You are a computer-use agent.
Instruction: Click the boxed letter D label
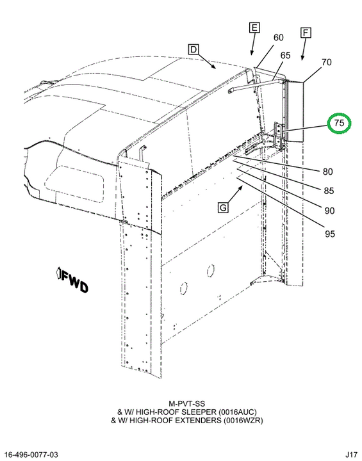click(x=193, y=49)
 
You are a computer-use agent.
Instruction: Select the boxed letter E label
click(x=254, y=28)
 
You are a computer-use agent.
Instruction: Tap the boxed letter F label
click(x=306, y=33)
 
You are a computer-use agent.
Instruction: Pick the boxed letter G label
click(x=223, y=207)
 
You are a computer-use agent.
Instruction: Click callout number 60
click(x=279, y=38)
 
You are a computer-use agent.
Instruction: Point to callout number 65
click(x=285, y=55)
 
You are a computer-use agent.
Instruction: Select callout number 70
click(x=326, y=62)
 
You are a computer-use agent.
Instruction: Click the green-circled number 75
click(x=339, y=122)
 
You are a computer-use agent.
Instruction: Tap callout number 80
click(x=327, y=172)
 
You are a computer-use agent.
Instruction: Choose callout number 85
click(x=329, y=191)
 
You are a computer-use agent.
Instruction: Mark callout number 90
click(x=329, y=211)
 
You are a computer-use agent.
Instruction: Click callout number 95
click(x=330, y=234)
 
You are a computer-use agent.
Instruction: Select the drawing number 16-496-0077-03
click(x=31, y=455)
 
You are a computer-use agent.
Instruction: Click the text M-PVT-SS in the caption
click(x=187, y=403)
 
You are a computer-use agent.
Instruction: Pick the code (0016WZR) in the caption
click(x=243, y=421)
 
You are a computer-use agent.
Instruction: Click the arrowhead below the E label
click(x=252, y=53)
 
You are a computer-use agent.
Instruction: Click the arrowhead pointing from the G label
click(x=241, y=187)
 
